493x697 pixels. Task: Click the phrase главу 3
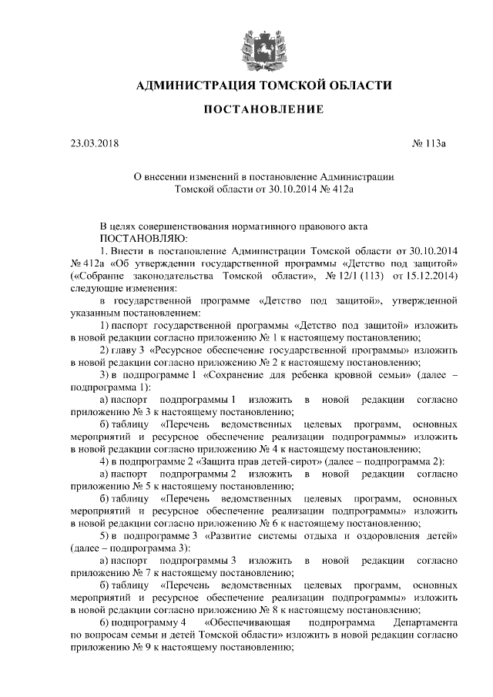tap(129, 349)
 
